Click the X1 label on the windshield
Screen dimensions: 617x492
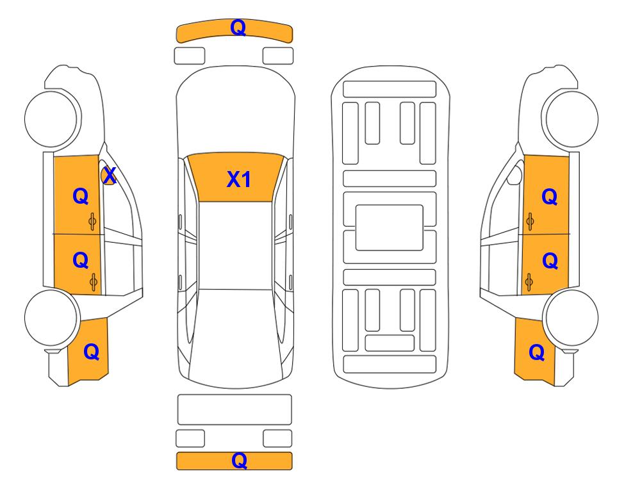click(239, 179)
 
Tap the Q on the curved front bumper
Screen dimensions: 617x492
click(238, 28)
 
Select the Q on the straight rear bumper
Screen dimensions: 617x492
click(239, 460)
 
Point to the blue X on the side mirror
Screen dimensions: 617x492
click(110, 175)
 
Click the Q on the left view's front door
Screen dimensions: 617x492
click(81, 196)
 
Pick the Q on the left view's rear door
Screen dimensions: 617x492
click(81, 260)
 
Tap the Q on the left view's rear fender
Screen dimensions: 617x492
click(91, 352)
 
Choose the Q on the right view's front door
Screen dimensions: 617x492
click(550, 197)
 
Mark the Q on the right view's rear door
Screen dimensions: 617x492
click(550, 261)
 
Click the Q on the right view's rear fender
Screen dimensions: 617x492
click(537, 352)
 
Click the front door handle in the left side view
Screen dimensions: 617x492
click(92, 222)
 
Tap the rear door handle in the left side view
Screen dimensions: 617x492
click(94, 281)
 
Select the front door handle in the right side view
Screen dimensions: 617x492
click(530, 222)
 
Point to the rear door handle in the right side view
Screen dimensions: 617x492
click(529, 282)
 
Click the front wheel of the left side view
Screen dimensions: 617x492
click(51, 119)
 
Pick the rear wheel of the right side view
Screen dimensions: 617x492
click(571, 318)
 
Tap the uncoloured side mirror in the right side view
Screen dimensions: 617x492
click(514, 175)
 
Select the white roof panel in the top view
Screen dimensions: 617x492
click(235, 245)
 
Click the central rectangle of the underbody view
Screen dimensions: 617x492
click(389, 227)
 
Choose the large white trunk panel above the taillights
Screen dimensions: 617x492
click(234, 409)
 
